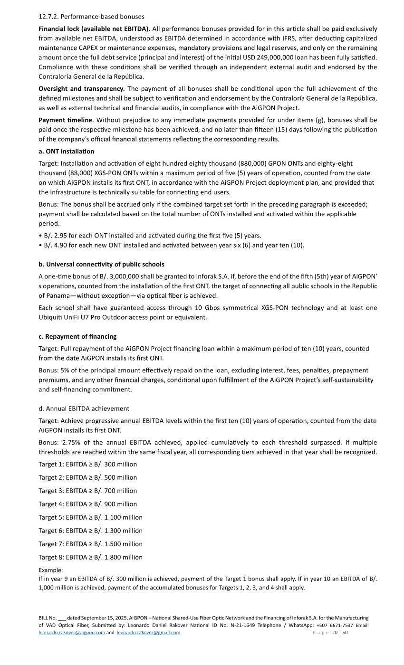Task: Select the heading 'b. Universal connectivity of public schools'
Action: (x=101, y=264)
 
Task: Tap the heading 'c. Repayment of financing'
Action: (x=77, y=336)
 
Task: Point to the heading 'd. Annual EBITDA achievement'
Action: (x=84, y=408)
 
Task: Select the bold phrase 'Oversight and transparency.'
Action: (x=82, y=89)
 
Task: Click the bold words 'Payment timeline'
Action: (x=65, y=120)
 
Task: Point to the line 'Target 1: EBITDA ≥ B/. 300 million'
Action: (x=87, y=464)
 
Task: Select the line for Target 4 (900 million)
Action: (x=87, y=504)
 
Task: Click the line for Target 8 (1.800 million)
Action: (x=90, y=557)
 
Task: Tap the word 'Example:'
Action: (x=50, y=570)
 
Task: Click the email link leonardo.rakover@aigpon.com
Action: (x=72, y=632)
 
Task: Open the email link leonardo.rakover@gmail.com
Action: (x=148, y=632)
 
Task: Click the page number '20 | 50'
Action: (x=340, y=633)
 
